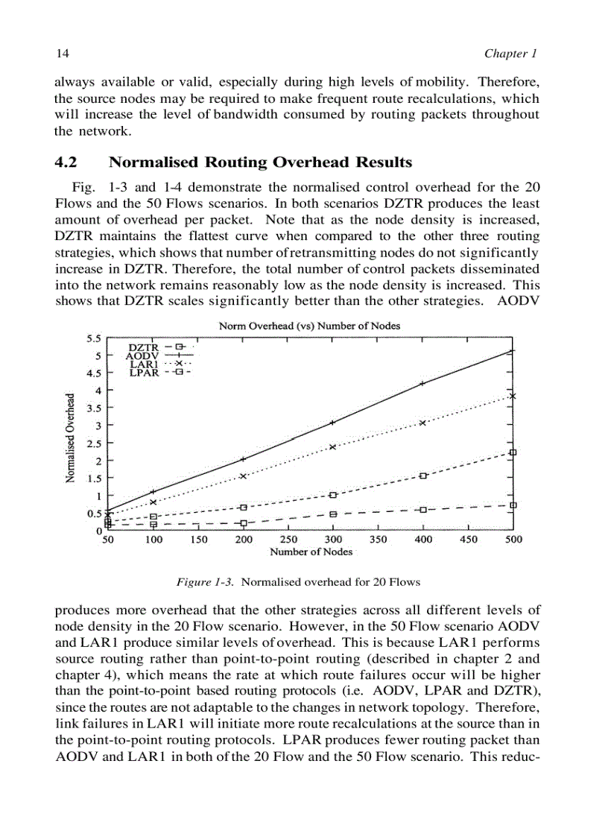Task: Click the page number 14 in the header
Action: [x=62, y=54]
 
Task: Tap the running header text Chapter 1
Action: [x=510, y=54]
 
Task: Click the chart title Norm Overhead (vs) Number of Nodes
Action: [x=309, y=326]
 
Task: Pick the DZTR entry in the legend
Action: [x=144, y=347]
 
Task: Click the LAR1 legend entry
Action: [x=144, y=364]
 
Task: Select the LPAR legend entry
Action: [x=144, y=373]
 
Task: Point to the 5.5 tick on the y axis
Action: [x=94, y=338]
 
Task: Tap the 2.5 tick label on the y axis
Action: [x=94, y=443]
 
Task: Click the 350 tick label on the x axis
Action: [x=378, y=540]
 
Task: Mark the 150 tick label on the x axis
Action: [x=198, y=540]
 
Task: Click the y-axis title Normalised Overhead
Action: [x=70, y=438]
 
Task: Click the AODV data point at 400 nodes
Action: [x=422, y=383]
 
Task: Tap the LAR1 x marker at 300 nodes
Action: [x=332, y=446]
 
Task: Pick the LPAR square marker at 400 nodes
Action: [x=422, y=476]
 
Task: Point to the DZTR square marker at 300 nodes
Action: [x=333, y=514]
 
